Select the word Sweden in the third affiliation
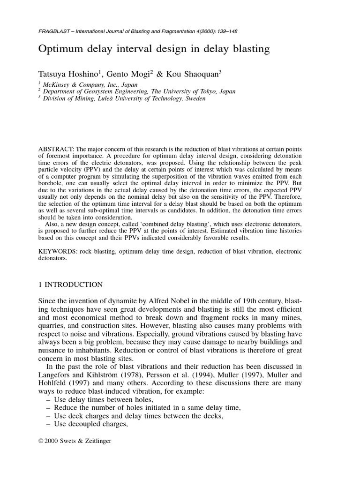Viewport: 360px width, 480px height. click(x=194, y=98)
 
